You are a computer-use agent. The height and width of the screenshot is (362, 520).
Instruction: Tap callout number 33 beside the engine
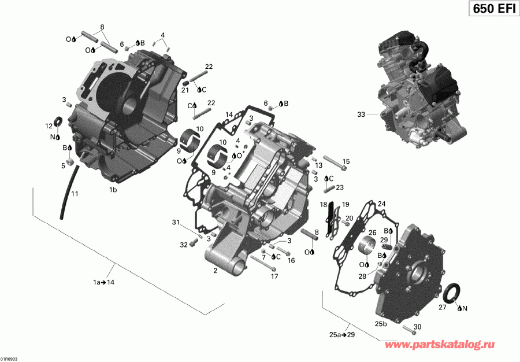click(x=361, y=115)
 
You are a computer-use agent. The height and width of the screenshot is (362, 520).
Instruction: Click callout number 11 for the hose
click(x=75, y=194)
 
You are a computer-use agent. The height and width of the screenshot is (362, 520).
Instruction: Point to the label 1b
click(x=114, y=189)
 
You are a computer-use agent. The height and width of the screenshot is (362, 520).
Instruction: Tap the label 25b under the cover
click(x=381, y=323)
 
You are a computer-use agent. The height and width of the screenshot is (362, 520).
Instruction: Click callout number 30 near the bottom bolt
click(x=418, y=327)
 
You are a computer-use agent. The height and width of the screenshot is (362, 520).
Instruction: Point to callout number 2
click(x=215, y=270)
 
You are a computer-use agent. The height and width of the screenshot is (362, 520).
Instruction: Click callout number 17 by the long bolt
click(x=274, y=276)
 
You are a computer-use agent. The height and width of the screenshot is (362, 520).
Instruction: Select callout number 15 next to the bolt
click(x=346, y=161)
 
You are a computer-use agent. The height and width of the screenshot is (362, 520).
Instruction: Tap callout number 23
click(x=340, y=187)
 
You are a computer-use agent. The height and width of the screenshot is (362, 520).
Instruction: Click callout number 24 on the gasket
click(x=381, y=204)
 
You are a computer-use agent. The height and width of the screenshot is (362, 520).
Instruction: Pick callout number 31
click(x=176, y=223)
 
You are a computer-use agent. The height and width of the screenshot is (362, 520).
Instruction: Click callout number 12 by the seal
click(x=49, y=125)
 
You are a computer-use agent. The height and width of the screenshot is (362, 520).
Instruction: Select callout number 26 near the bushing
click(x=373, y=232)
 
